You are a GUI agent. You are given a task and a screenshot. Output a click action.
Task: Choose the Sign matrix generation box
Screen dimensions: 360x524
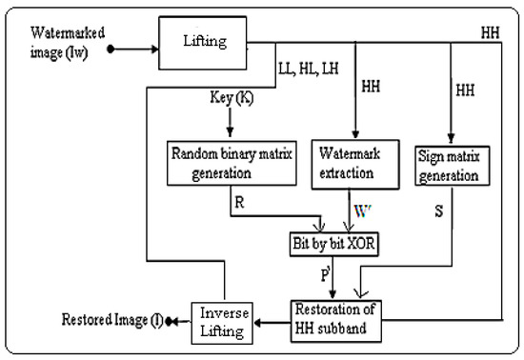[x=453, y=164]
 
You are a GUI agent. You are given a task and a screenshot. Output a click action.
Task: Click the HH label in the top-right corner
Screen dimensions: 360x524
[x=490, y=32]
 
